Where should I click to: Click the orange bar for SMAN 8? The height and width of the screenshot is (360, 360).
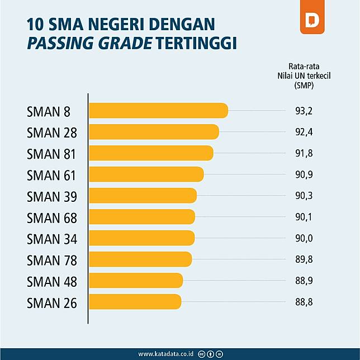click(158, 111)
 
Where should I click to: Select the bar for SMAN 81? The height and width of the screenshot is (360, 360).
click(151, 153)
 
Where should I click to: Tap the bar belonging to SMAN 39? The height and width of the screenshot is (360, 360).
click(143, 196)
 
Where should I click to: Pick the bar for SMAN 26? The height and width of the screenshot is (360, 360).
click(135, 302)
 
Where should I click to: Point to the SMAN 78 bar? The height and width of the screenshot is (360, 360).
click(140, 259)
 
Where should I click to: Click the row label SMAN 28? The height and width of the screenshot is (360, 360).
click(51, 132)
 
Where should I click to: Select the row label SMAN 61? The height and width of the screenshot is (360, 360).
click(51, 175)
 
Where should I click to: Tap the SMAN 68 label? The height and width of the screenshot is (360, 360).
click(51, 217)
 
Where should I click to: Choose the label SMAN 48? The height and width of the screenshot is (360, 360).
click(51, 281)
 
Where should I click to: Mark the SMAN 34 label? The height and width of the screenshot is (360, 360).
click(51, 239)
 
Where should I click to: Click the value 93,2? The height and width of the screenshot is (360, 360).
click(303, 111)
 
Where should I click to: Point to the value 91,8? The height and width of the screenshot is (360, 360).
click(303, 154)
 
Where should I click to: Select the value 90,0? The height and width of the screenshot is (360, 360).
click(303, 239)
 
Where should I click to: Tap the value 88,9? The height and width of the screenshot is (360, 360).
click(303, 281)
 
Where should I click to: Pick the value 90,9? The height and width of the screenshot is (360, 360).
click(303, 175)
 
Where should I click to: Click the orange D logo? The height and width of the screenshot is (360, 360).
click(312, 21)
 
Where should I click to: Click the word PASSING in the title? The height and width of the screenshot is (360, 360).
click(58, 43)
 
